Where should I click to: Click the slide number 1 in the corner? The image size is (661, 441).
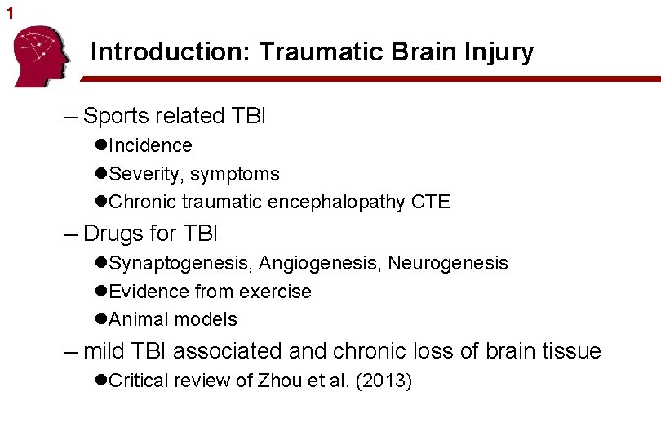[10, 13]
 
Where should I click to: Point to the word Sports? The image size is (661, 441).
[118, 116]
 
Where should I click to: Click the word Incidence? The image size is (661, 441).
[150, 145]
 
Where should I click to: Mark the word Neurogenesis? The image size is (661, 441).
[448, 263]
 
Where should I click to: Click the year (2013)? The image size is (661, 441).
[383, 381]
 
